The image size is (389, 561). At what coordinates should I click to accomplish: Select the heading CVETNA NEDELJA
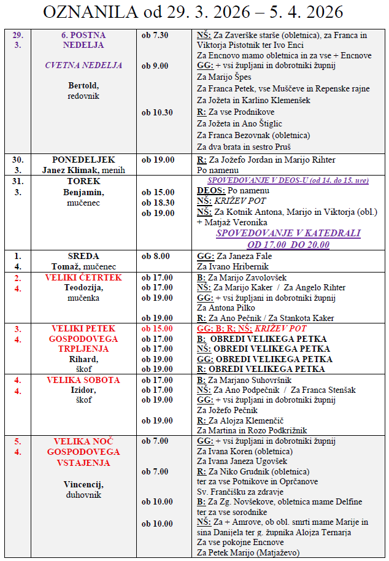coord(84,65)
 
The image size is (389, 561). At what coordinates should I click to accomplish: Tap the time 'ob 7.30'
coord(155,35)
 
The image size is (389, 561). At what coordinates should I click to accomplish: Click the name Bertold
coord(83,85)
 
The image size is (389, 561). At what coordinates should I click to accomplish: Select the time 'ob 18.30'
coord(157,202)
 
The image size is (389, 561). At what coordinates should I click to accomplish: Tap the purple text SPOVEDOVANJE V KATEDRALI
coord(288,233)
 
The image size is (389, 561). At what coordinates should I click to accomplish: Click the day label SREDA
coord(83,256)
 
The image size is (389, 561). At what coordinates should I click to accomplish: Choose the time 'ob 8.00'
coord(155,256)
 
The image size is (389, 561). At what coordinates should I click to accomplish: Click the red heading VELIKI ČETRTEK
coord(83,277)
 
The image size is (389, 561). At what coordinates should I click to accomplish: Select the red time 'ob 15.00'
coord(157,328)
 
